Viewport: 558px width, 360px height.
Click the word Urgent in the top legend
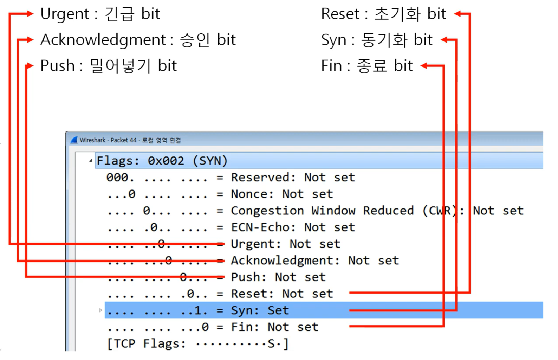pos(65,14)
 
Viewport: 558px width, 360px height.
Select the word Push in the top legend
pos(57,66)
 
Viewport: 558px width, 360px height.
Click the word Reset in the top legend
pos(340,14)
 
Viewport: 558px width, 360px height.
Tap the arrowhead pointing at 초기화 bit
pos(458,14)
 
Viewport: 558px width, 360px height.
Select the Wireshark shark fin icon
pos(74,140)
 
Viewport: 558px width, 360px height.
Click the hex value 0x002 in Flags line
pos(166,161)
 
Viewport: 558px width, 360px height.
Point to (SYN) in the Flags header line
pos(210,161)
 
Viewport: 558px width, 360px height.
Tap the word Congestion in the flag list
pos(267,211)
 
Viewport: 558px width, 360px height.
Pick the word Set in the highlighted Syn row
pos(278,310)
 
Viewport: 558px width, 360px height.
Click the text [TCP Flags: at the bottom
pos(147,343)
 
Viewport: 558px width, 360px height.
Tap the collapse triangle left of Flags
pos(91,161)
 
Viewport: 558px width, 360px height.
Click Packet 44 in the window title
pos(123,140)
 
